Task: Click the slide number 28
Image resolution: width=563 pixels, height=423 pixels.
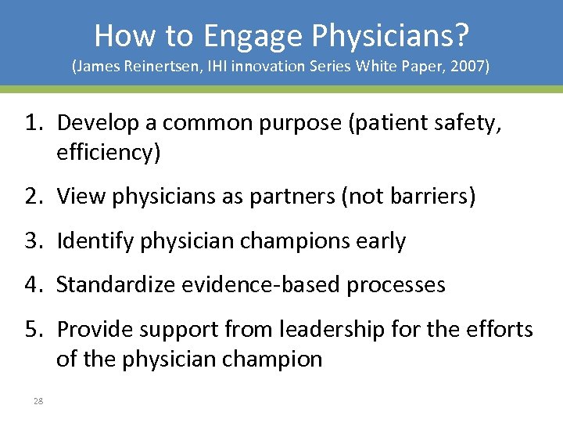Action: pos(38,401)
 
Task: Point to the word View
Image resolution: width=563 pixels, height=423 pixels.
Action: pos(81,197)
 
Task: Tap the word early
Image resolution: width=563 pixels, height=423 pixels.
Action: pos(379,241)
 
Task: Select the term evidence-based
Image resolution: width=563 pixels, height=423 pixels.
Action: pos(260,285)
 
